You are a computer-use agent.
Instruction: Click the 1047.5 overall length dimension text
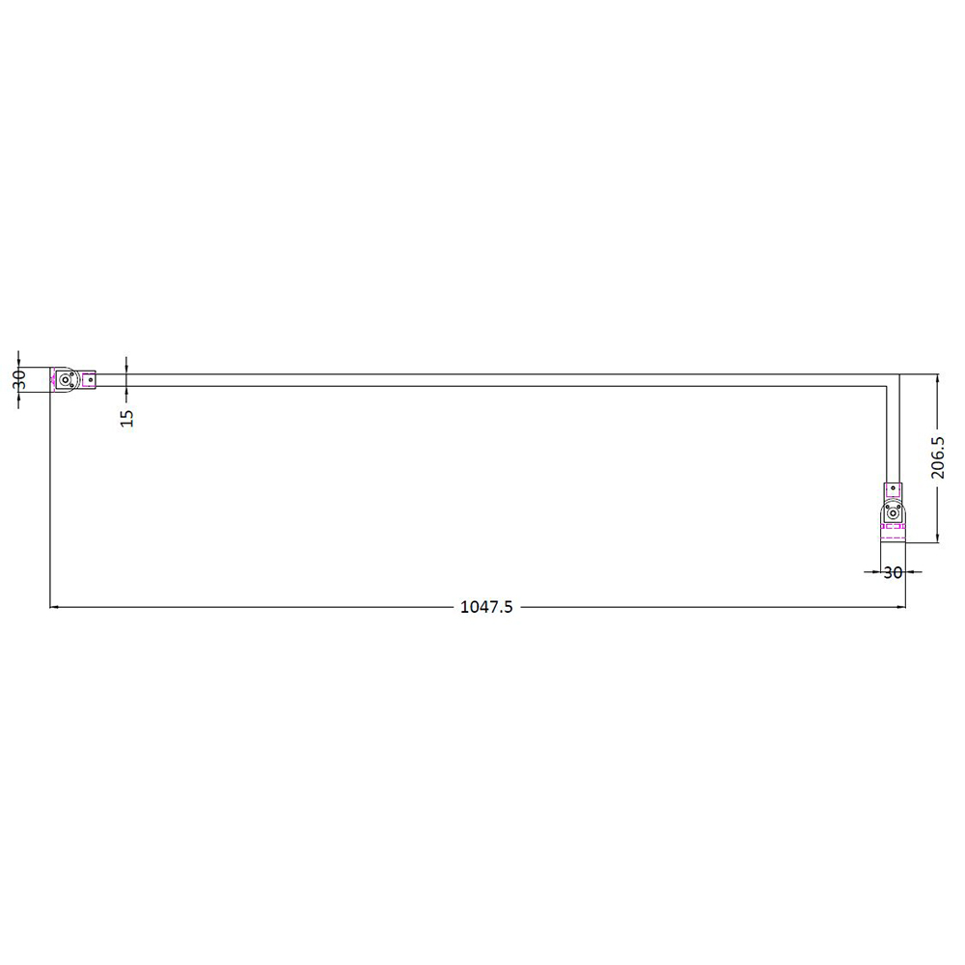click(486, 607)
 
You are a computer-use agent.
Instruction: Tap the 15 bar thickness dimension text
click(127, 416)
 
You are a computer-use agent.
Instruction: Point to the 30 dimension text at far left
click(18, 379)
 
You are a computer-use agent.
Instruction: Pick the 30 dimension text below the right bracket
click(893, 572)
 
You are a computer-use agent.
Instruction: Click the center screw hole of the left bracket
click(66, 380)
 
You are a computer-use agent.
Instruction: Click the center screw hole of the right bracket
click(894, 514)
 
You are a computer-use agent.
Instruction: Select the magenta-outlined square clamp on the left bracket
click(89, 380)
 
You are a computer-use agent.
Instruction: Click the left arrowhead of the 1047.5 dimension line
click(54, 607)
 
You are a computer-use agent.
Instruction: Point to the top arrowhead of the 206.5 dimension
click(937, 378)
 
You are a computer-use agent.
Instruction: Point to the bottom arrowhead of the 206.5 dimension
click(937, 538)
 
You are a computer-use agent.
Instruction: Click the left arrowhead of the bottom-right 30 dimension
click(875, 572)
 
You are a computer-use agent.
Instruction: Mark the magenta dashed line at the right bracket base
click(894, 527)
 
